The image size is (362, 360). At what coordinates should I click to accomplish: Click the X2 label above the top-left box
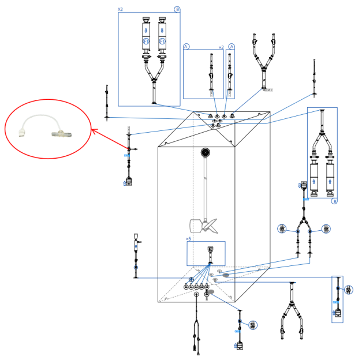[120, 9]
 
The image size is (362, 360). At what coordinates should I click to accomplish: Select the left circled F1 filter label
[146, 42]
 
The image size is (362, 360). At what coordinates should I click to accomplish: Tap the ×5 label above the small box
[189, 238]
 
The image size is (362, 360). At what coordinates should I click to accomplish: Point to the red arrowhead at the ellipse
[94, 132]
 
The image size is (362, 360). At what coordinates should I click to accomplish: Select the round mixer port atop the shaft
[205, 152]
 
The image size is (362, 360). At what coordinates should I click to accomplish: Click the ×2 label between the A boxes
[221, 47]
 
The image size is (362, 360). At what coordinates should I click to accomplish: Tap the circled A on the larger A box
[186, 46]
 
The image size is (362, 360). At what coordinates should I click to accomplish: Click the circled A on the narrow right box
[232, 46]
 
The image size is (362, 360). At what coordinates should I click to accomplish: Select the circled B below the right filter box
[334, 201]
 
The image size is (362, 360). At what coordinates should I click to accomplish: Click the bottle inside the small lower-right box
[337, 314]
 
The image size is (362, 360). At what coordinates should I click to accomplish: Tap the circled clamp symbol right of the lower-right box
[349, 290]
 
